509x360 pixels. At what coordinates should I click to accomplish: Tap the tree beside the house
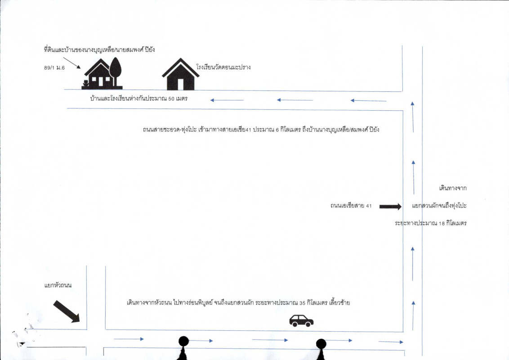[116, 70]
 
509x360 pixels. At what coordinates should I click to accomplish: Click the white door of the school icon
[180, 84]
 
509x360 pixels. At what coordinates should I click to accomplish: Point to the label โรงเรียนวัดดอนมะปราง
[223, 67]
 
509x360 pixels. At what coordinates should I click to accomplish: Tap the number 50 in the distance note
[171, 99]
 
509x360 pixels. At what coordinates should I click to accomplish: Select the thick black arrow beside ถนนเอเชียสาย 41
[390, 207]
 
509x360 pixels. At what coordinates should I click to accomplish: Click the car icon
[301, 320]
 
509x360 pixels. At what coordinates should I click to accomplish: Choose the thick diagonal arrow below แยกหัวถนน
[67, 311]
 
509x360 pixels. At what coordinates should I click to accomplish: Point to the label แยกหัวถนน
[58, 285]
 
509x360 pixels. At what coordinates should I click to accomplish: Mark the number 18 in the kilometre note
[442, 223]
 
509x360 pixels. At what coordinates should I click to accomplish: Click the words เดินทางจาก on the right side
[453, 188]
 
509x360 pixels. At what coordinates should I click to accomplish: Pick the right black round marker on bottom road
[321, 344]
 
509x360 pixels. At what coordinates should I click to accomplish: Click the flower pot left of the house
[85, 83]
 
